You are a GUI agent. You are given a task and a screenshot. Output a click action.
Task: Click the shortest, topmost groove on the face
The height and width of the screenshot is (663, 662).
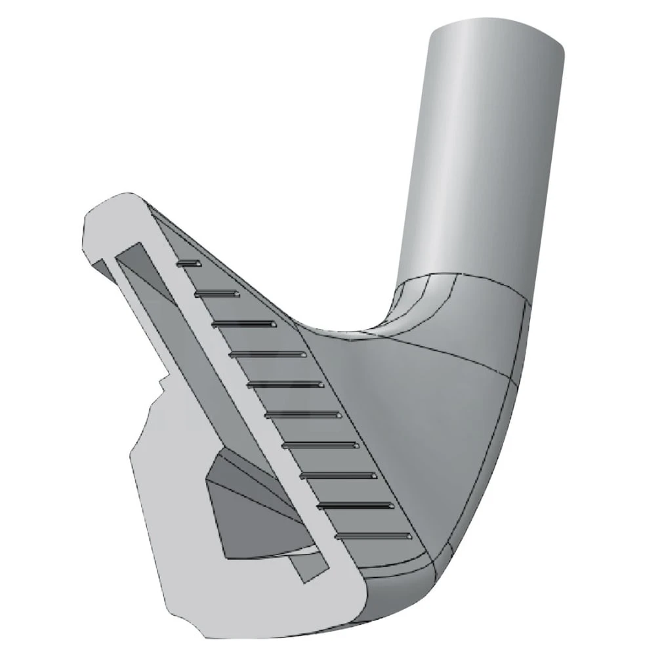(190, 263)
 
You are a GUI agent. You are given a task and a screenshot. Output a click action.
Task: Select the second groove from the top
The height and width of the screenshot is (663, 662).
(217, 293)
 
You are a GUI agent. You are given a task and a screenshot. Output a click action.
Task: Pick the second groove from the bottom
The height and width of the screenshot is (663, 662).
(354, 505)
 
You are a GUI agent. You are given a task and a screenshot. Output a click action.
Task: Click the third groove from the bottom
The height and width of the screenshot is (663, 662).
(339, 475)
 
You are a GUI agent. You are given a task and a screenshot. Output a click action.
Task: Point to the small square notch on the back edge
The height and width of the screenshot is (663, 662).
(162, 383)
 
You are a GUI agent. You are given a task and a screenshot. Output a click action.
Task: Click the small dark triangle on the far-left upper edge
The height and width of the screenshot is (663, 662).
(100, 266)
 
